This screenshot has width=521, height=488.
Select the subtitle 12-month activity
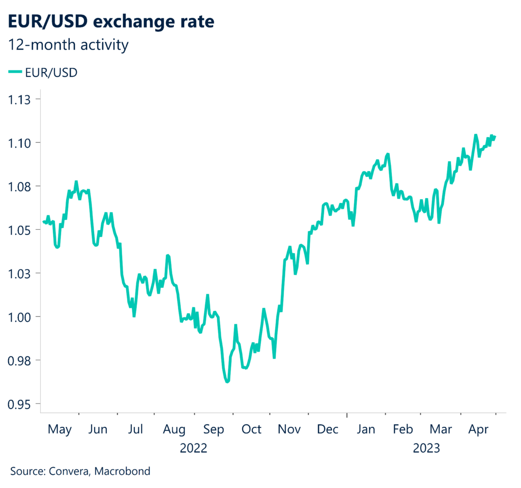(x=69, y=45)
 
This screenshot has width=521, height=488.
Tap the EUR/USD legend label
(x=51, y=73)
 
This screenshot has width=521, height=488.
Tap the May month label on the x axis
(x=60, y=429)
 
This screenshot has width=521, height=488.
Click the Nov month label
(x=290, y=429)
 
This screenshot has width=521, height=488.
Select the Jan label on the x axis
(x=366, y=429)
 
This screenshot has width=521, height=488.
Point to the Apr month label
(x=478, y=429)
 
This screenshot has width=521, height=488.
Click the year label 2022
(x=193, y=448)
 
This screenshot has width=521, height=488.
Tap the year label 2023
(x=426, y=448)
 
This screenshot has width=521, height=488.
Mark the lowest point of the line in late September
(x=227, y=381)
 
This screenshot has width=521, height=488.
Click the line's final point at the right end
(x=496, y=136)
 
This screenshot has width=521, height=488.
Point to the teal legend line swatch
(x=15, y=73)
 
